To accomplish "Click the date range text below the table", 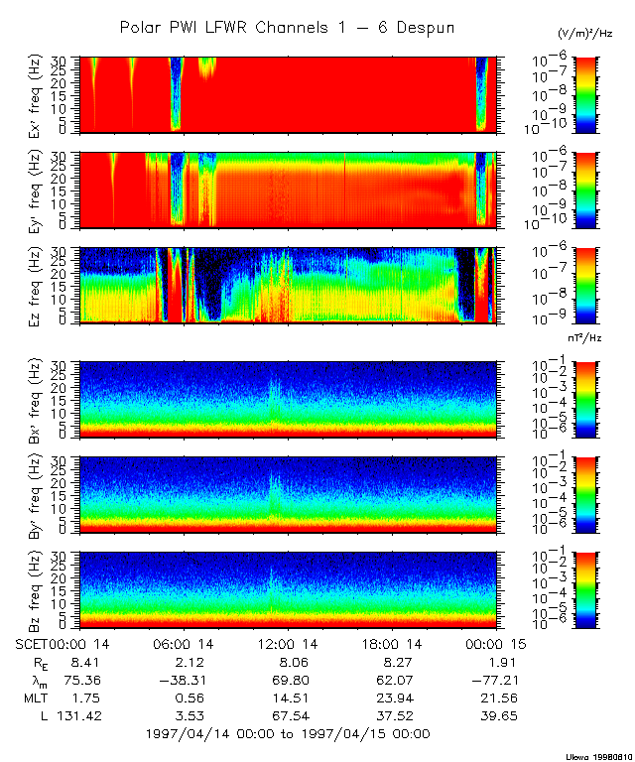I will (288, 734).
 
